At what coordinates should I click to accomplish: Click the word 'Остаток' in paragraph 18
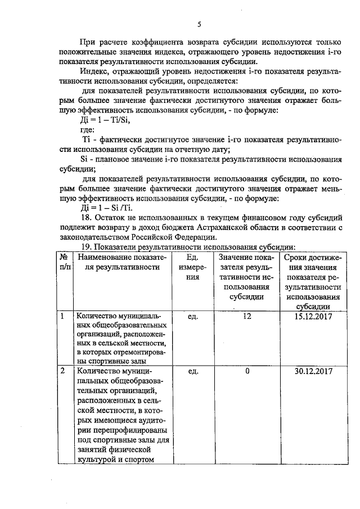click(x=116, y=218)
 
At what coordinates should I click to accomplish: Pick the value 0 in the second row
click(x=246, y=372)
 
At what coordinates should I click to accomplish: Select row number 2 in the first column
click(x=63, y=372)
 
